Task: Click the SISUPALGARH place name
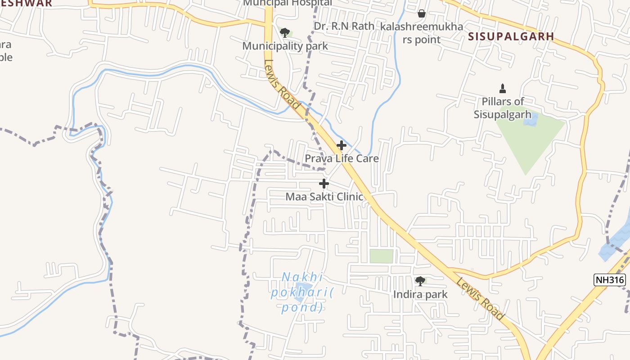tap(511, 36)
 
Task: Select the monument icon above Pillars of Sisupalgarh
tap(503, 89)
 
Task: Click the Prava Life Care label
tap(342, 158)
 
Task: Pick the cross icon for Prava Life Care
tap(342, 145)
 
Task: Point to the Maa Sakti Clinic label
tap(324, 197)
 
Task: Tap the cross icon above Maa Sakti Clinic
tap(324, 184)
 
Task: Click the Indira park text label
tap(420, 294)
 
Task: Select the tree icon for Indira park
tap(420, 282)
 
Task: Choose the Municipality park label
tap(285, 46)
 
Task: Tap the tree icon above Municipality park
tap(284, 33)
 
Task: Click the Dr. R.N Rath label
tap(344, 26)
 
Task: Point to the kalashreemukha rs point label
tap(422, 33)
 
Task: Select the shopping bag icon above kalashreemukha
tap(422, 14)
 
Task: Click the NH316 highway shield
tap(610, 280)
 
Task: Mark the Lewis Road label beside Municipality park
tap(282, 84)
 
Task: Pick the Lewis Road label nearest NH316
tap(480, 299)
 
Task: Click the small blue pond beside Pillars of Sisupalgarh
tap(531, 120)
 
